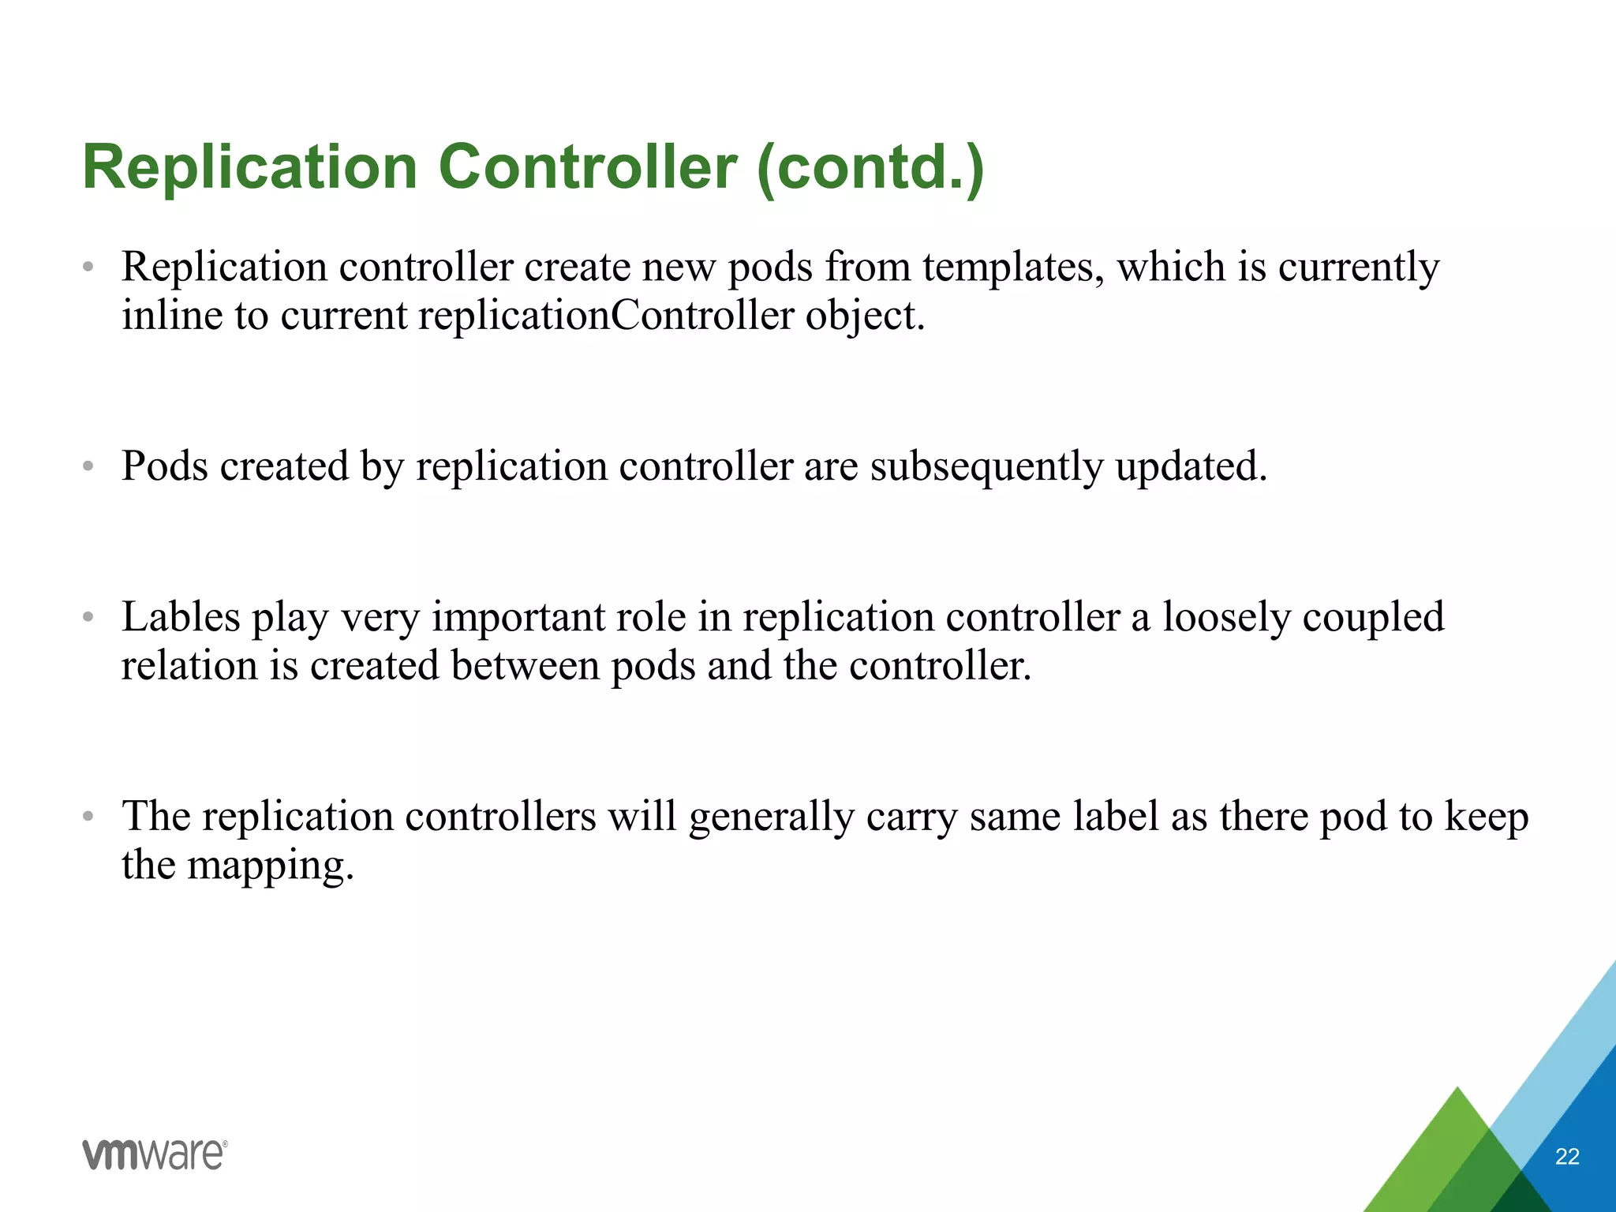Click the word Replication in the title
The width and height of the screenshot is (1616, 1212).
[x=249, y=167]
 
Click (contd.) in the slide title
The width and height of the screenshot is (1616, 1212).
[x=870, y=167]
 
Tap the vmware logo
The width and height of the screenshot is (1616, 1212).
[x=155, y=1154]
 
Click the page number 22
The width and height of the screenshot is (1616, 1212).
[x=1566, y=1157]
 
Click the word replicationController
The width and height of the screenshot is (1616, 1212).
[x=605, y=316]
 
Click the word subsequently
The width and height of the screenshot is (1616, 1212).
[x=986, y=466]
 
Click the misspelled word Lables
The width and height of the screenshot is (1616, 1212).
[x=181, y=617]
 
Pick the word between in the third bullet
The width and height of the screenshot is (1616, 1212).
[x=526, y=666]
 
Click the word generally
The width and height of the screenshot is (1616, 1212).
[x=771, y=817]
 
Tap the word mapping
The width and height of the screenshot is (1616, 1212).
[x=270, y=866]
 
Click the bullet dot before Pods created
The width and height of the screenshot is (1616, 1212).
[x=88, y=467]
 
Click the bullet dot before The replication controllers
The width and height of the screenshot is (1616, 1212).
[x=88, y=817]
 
